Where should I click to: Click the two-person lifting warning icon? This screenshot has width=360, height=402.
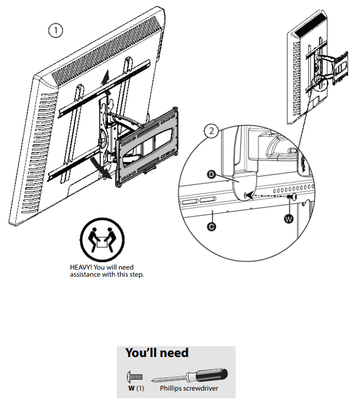pyautogui.click(x=102, y=240)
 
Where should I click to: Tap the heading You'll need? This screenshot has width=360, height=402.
pyautogui.click(x=156, y=353)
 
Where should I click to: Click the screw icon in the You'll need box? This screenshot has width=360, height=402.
pyautogui.click(x=134, y=376)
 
